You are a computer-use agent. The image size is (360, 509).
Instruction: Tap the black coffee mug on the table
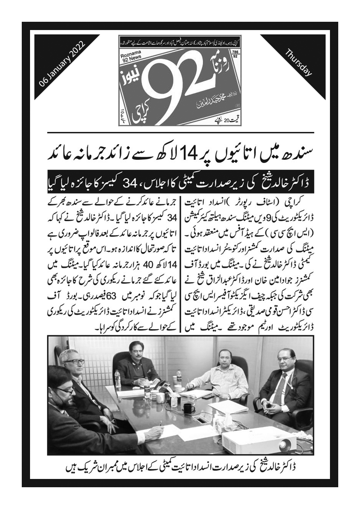188,408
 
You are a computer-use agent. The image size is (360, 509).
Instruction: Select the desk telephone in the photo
164,385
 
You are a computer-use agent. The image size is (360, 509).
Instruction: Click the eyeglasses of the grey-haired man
74,361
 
